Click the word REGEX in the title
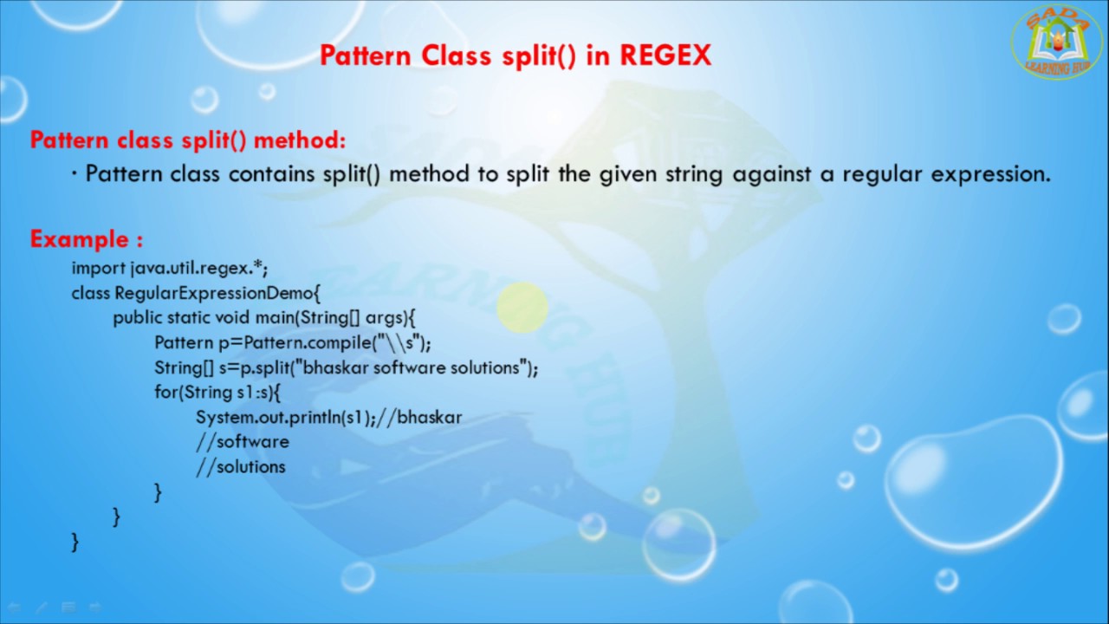coord(665,55)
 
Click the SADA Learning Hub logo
coord(1057,42)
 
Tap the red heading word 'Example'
coord(79,239)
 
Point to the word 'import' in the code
coord(98,268)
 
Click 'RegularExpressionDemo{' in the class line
coord(217,293)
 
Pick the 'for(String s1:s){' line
coord(218,393)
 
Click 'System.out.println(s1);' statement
coord(286,418)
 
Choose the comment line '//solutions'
coord(241,467)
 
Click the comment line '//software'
coord(243,442)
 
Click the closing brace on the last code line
coord(75,542)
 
